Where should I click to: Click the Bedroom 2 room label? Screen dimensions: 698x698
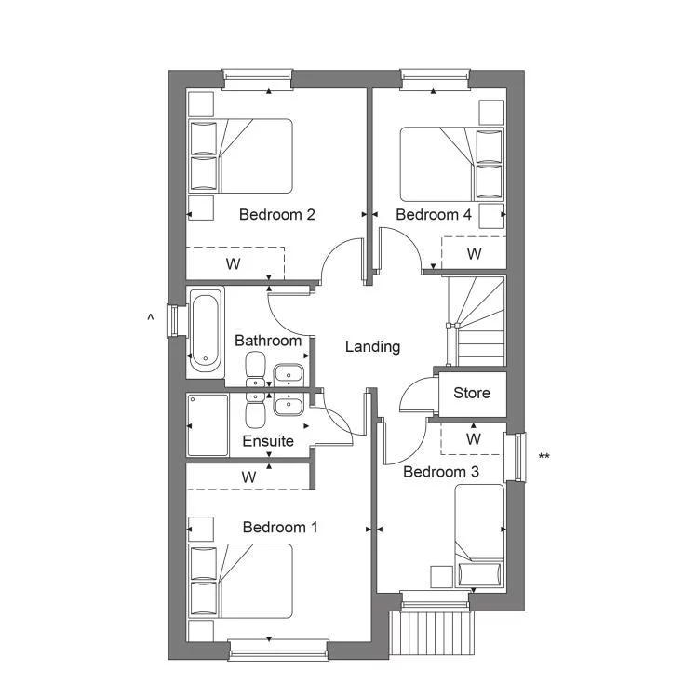tap(277, 215)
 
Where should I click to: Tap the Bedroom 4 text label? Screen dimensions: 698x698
tap(433, 215)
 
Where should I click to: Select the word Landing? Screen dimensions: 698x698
tap(372, 347)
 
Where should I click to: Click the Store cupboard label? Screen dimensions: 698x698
tap(472, 393)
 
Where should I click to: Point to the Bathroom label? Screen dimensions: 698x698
tap(268, 341)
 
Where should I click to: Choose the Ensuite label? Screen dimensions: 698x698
tap(268, 441)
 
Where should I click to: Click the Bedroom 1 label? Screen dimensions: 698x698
tap(280, 528)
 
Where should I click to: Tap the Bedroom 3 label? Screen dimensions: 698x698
tap(441, 472)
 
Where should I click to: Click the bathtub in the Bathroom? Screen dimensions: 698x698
tap(205, 332)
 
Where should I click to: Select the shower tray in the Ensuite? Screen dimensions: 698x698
tap(208, 425)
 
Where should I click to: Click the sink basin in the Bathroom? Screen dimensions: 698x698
tap(289, 372)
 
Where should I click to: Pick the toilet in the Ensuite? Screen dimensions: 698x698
tap(255, 409)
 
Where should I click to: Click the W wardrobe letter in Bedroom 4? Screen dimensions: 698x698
tap(474, 254)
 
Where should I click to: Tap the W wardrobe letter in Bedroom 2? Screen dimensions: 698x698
tap(234, 263)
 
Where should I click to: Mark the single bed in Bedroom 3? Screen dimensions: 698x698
tap(479, 536)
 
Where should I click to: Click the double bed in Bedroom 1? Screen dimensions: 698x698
tap(240, 581)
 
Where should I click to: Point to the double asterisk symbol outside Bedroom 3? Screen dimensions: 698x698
tap(544, 456)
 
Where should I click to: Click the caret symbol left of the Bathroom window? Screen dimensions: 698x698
tap(151, 317)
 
